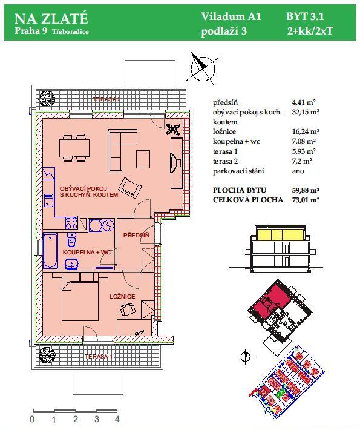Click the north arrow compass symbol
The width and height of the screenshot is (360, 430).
click(203, 67)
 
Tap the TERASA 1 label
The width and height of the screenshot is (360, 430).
click(99, 357)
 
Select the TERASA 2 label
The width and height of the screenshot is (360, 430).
click(107, 99)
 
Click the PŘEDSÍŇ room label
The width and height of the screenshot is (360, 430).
click(136, 235)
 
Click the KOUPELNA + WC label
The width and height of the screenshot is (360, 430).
click(87, 252)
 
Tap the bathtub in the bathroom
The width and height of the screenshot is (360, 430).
click(50, 250)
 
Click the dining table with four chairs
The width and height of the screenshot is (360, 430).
click(74, 148)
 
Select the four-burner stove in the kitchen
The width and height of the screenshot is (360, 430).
click(71, 223)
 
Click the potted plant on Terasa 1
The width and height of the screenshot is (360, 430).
click(47, 355)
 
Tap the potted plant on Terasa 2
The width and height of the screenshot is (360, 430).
click(47, 98)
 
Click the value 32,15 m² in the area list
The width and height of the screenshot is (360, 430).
click(306, 112)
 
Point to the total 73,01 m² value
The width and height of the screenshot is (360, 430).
click(306, 200)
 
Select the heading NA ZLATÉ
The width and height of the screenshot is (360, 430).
click(51, 18)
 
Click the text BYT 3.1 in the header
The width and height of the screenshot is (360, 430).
click(305, 16)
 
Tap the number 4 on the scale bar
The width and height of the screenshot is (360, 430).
click(117, 419)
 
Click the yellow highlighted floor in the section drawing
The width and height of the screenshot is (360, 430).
click(280, 234)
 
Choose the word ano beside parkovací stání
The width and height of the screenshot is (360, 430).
click(298, 171)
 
